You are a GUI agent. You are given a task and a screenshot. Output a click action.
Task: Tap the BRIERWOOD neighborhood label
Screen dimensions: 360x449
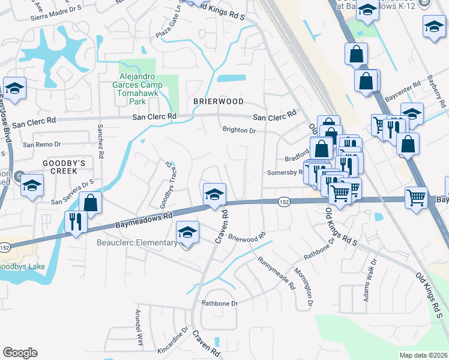(x=218, y=101)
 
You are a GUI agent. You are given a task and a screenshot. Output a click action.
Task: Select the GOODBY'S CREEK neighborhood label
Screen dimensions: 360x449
(x=60, y=167)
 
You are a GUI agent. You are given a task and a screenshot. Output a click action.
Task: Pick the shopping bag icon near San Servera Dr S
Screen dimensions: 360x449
(x=91, y=203)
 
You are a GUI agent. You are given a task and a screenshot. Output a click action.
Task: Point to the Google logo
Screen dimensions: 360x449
(x=20, y=353)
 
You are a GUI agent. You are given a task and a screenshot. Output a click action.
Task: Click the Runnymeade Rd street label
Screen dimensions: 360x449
(x=277, y=274)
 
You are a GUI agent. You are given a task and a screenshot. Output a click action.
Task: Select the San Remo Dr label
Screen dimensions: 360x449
(x=42, y=145)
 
